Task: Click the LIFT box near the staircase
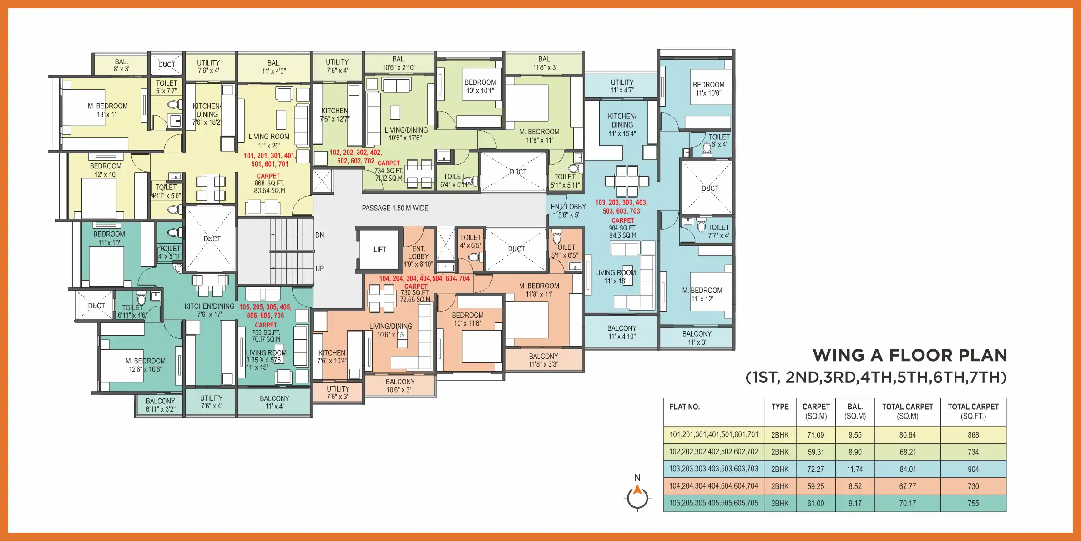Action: tap(379, 250)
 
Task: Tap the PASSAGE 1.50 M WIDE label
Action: tap(395, 208)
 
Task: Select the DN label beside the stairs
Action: tap(319, 235)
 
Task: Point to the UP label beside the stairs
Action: tap(319, 269)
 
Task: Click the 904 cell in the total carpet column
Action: tap(973, 469)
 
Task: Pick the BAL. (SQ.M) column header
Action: tap(855, 411)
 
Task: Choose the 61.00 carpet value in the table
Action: tap(815, 503)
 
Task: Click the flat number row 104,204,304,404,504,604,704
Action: tap(713, 486)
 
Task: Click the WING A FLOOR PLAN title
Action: tap(909, 355)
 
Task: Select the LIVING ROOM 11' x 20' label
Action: tap(269, 141)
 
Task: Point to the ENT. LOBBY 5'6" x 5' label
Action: tap(568, 210)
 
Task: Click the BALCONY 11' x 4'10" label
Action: tap(621, 332)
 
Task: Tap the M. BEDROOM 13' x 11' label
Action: tap(108, 110)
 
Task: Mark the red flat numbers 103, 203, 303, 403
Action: tap(621, 203)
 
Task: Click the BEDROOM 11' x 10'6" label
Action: tap(708, 89)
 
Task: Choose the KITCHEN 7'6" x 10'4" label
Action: tap(332, 357)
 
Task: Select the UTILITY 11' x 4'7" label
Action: tap(622, 86)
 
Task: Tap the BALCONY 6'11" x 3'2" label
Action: tap(160, 405)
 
